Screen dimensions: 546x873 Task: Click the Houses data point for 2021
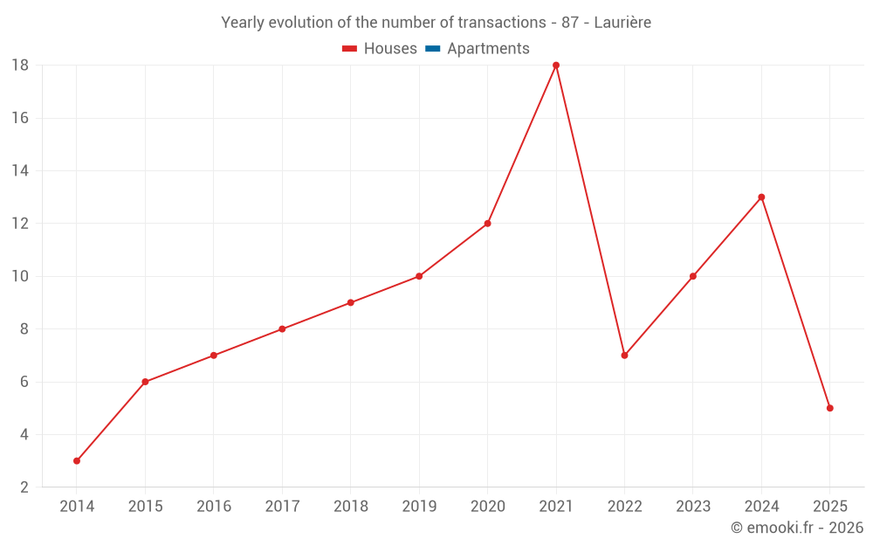tap(556, 66)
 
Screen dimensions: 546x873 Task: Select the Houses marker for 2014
tap(77, 460)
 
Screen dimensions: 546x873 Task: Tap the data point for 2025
tap(829, 408)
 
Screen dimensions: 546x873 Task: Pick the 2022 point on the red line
tap(624, 356)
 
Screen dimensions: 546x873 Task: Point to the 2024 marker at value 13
tap(761, 197)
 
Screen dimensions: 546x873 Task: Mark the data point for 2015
tap(145, 382)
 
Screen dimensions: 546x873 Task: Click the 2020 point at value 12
tap(487, 224)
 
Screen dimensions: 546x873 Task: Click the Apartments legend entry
tap(488, 49)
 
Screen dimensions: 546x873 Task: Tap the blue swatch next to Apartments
tap(432, 49)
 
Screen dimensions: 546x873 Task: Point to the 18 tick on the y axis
tap(20, 66)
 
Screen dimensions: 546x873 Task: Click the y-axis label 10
tap(20, 276)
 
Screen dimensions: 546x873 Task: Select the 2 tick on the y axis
tap(24, 487)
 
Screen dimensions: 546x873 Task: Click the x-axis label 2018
tap(350, 507)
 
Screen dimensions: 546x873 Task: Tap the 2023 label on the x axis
tap(692, 507)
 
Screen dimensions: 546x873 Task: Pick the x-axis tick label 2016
tap(214, 507)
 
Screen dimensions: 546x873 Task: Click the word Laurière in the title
tap(622, 23)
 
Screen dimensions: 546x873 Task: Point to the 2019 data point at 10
tap(419, 276)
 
